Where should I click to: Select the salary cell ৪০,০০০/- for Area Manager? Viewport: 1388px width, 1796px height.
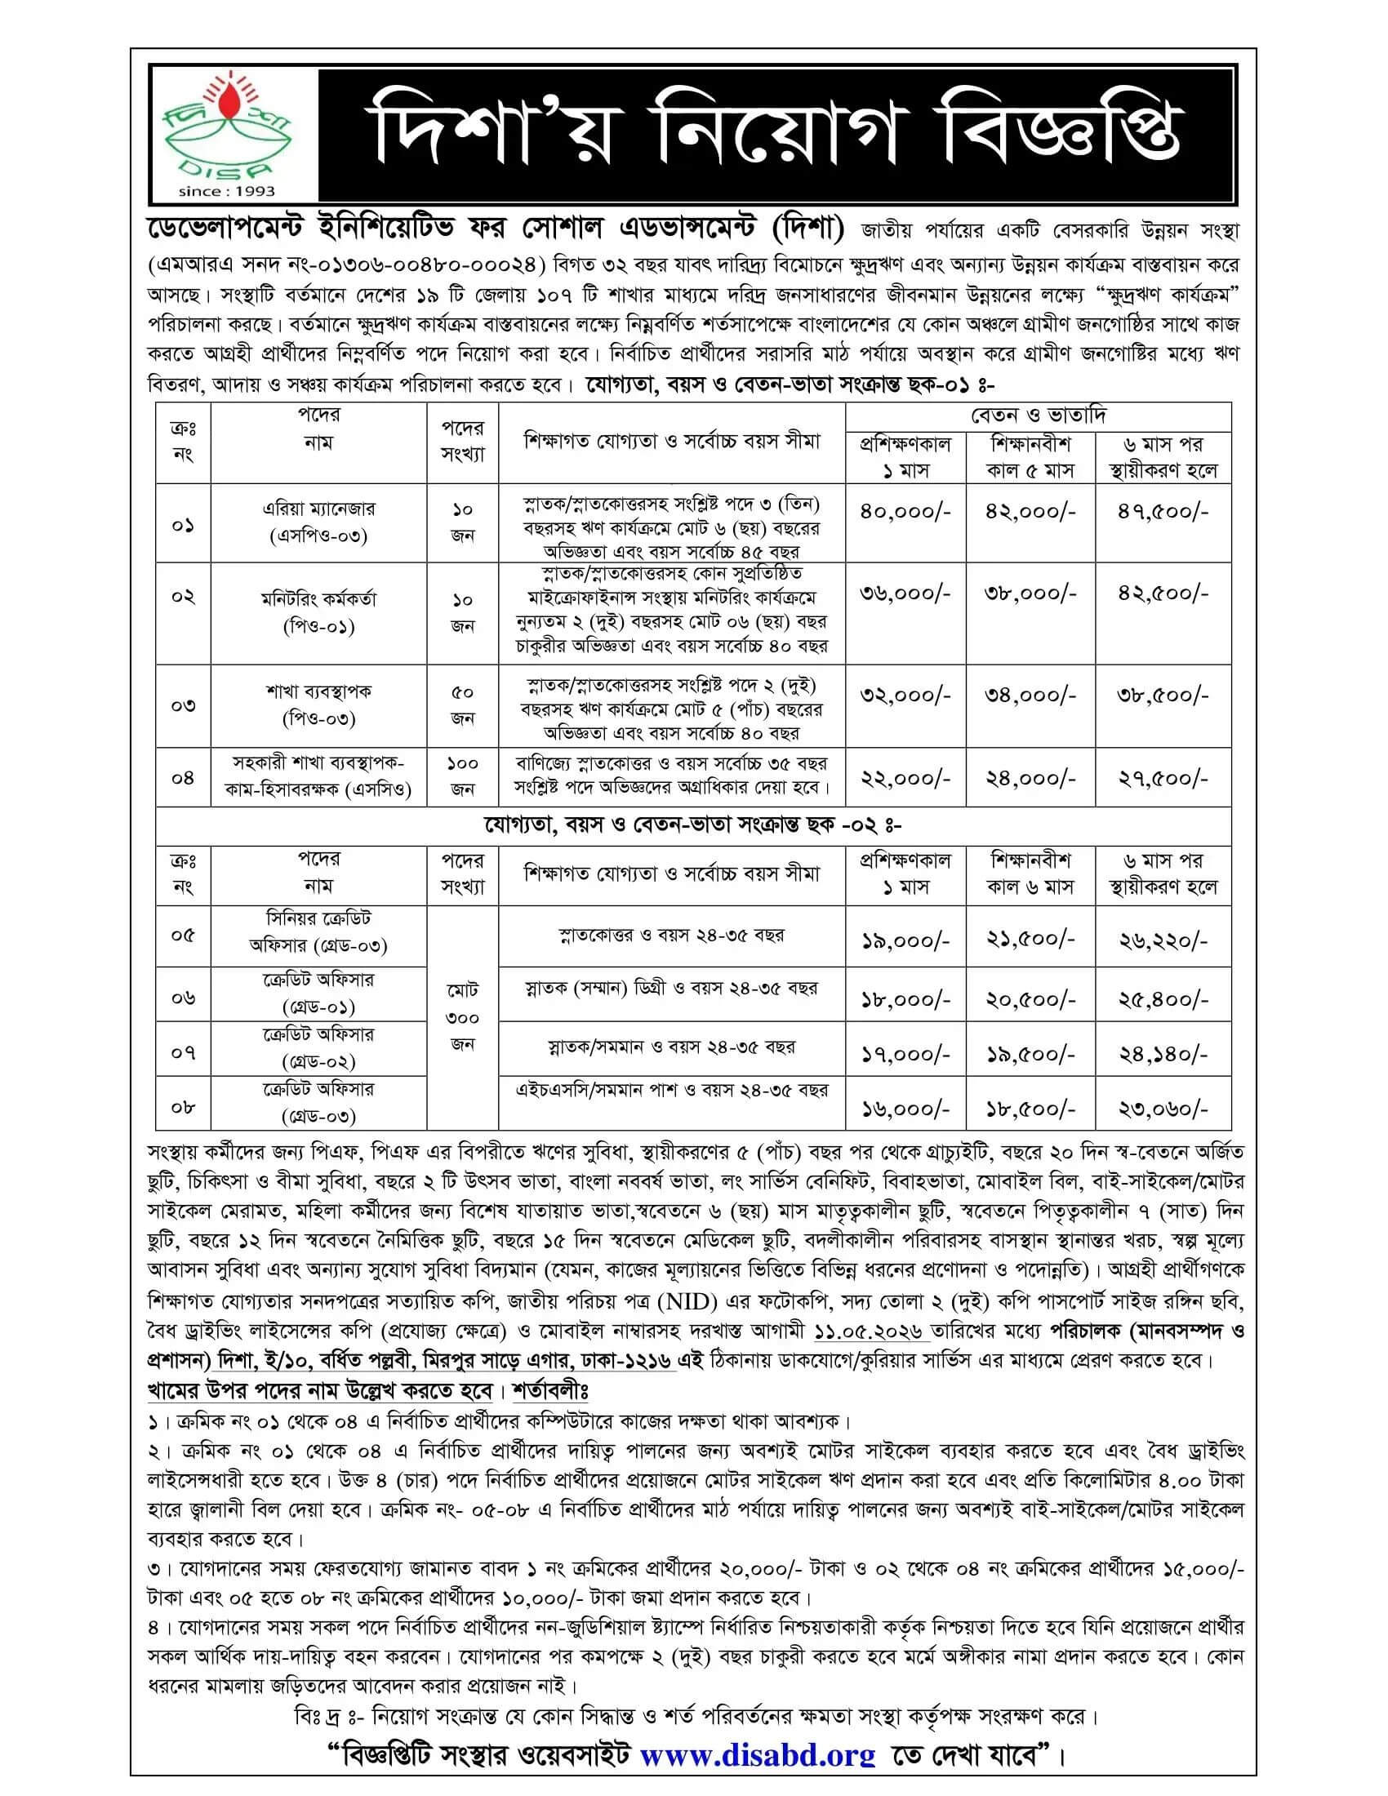(905, 512)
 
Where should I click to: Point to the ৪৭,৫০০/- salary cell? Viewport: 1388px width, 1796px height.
(1163, 512)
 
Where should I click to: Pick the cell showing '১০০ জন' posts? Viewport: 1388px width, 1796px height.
(462, 776)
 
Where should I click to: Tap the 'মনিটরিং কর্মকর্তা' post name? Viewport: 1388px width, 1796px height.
(318, 598)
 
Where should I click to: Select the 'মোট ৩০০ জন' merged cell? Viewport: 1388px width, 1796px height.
(462, 1017)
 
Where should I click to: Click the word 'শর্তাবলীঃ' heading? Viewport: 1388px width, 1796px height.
(550, 1391)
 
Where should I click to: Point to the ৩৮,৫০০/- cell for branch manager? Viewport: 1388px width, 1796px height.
(1163, 696)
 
